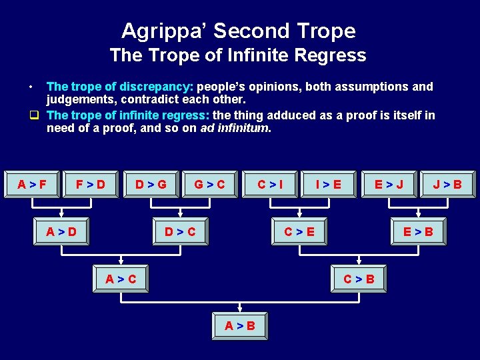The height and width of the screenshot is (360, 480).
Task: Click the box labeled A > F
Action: [x=33, y=184]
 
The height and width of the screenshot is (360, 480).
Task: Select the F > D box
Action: [x=91, y=184]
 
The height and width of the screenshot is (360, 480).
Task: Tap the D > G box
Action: [x=151, y=184]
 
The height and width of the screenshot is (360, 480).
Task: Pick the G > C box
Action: [x=209, y=184]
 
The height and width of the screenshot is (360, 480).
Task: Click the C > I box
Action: [x=270, y=184]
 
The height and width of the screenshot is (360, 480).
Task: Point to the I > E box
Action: [x=328, y=184]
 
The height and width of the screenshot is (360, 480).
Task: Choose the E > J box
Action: [x=389, y=184]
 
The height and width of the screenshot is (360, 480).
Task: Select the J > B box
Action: [x=447, y=184]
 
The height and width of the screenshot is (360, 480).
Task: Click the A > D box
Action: [x=61, y=232]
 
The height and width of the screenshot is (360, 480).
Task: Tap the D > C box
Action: [x=181, y=232]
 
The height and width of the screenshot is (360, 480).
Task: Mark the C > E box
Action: [x=299, y=232]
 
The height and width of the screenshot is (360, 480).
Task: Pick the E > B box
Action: [x=418, y=232]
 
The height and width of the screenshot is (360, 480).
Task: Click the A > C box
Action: [x=121, y=279]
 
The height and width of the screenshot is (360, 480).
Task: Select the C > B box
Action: [x=359, y=279]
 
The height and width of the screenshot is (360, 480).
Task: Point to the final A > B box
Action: [x=240, y=326]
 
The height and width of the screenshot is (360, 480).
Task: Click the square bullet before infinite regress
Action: [x=32, y=115]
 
